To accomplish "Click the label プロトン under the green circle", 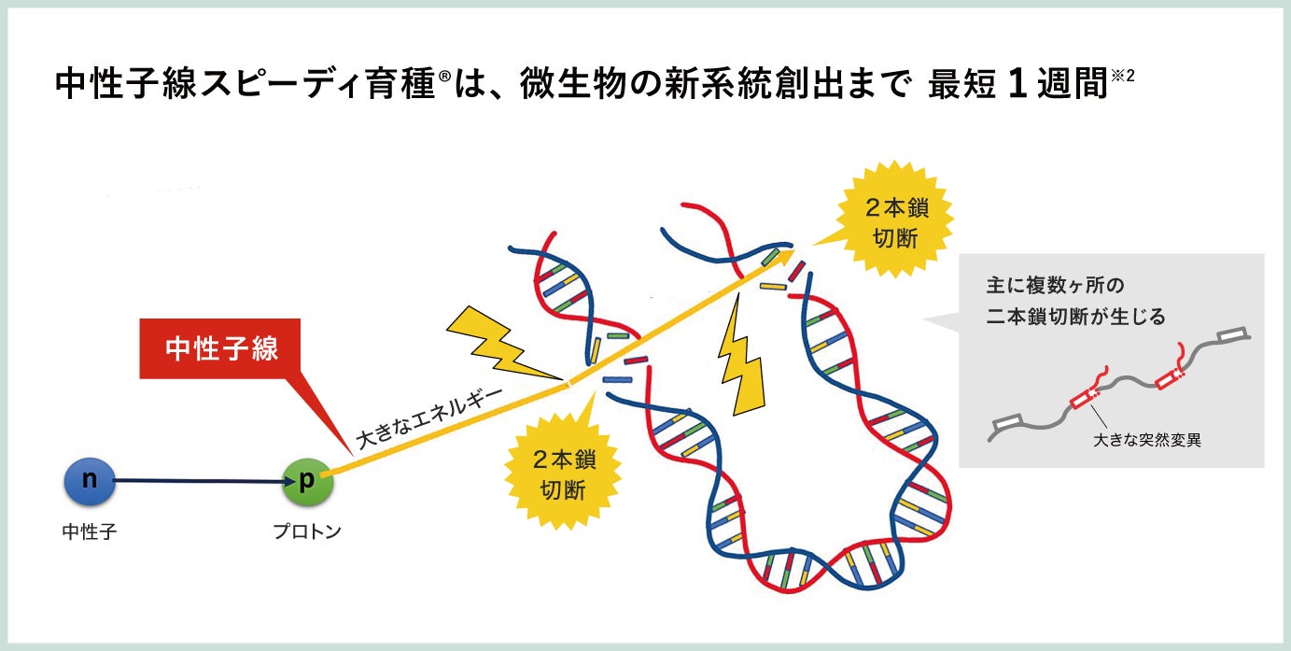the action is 307,532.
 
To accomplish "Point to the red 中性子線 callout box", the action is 221,349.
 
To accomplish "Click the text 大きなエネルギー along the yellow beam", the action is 429,412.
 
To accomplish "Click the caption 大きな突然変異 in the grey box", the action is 1147,440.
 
